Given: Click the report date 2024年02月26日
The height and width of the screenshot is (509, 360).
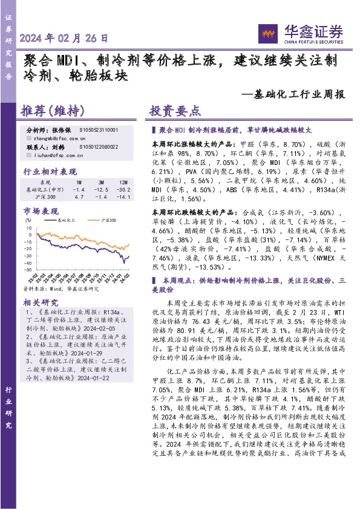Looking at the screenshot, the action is click(x=63, y=37).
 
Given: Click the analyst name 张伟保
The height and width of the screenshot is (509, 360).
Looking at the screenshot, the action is click(x=62, y=130).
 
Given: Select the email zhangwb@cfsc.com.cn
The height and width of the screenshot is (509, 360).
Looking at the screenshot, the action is click(x=61, y=138).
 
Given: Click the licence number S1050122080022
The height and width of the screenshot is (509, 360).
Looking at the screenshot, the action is click(x=99, y=147).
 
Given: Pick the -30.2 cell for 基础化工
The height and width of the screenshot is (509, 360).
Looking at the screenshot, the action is click(x=122, y=189).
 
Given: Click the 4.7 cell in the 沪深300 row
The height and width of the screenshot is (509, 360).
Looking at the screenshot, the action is click(x=79, y=197).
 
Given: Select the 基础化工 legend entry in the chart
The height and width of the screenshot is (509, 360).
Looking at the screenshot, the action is click(x=67, y=222).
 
